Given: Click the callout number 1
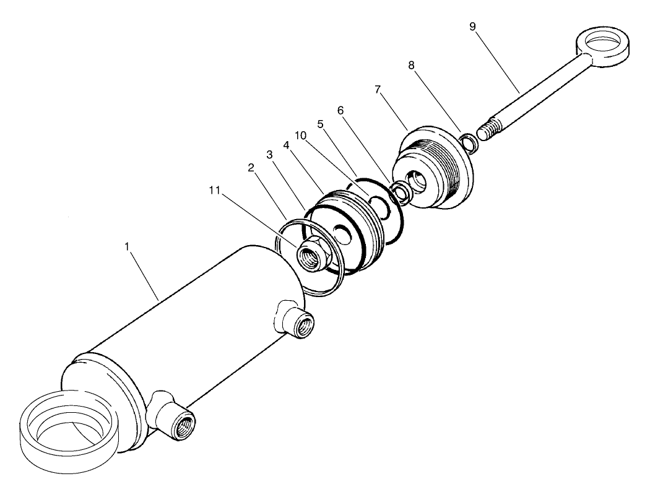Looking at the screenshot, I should (x=127, y=246).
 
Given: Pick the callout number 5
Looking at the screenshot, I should (x=321, y=124).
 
